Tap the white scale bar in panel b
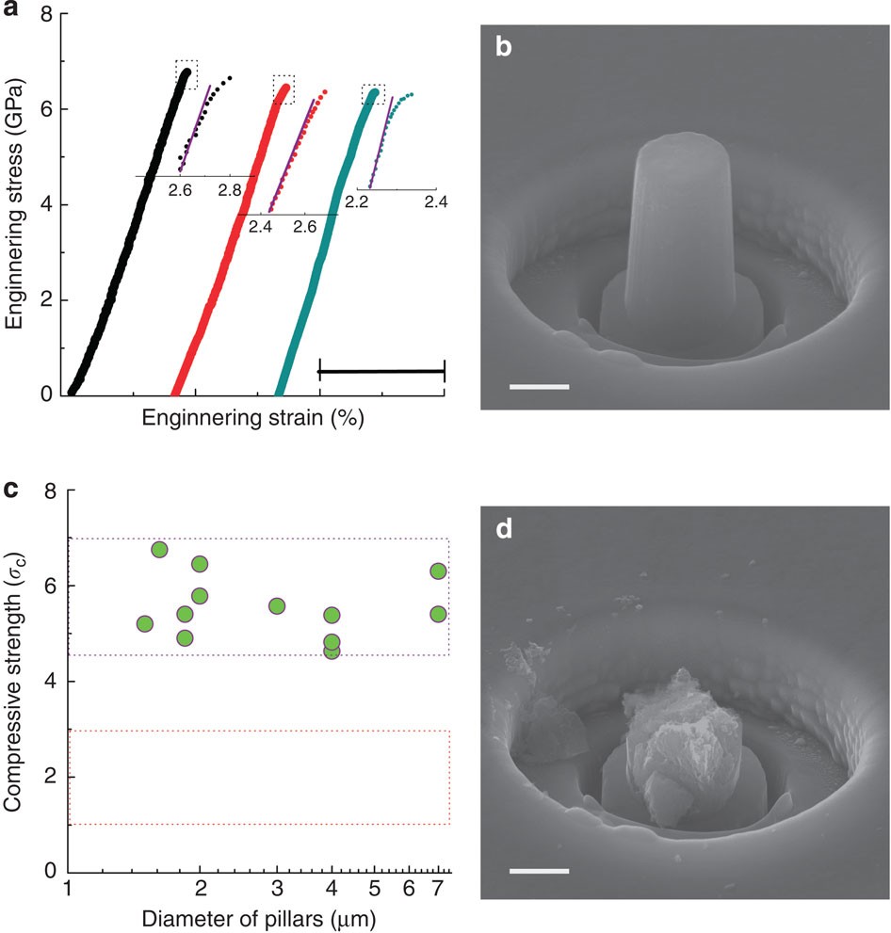(x=540, y=386)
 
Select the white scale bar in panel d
(x=540, y=871)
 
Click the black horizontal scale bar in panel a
(x=381, y=372)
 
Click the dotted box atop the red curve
(x=283, y=89)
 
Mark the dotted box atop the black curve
(x=186, y=74)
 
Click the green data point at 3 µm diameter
(x=277, y=605)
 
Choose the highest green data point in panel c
(x=159, y=550)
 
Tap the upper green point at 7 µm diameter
(x=438, y=571)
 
